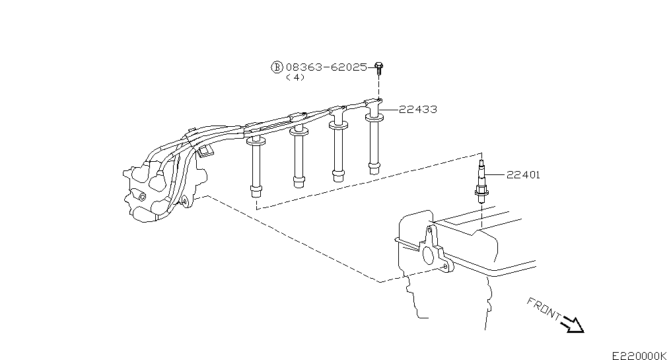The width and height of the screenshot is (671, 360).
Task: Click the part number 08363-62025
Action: [x=326, y=67]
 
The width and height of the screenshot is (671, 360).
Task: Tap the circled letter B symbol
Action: [x=277, y=67]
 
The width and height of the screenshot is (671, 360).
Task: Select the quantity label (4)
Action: [x=295, y=77]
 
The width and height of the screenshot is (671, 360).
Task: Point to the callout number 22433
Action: [x=418, y=110]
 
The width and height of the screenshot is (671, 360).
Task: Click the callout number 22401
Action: [x=523, y=175]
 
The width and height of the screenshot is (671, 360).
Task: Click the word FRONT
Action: [x=544, y=308]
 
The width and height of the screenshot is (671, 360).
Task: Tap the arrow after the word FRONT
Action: [x=573, y=324]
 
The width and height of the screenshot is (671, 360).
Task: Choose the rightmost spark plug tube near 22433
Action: [x=374, y=141]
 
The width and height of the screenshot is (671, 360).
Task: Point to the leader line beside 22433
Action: [x=390, y=110]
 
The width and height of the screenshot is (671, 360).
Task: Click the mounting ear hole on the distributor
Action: [x=184, y=201]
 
